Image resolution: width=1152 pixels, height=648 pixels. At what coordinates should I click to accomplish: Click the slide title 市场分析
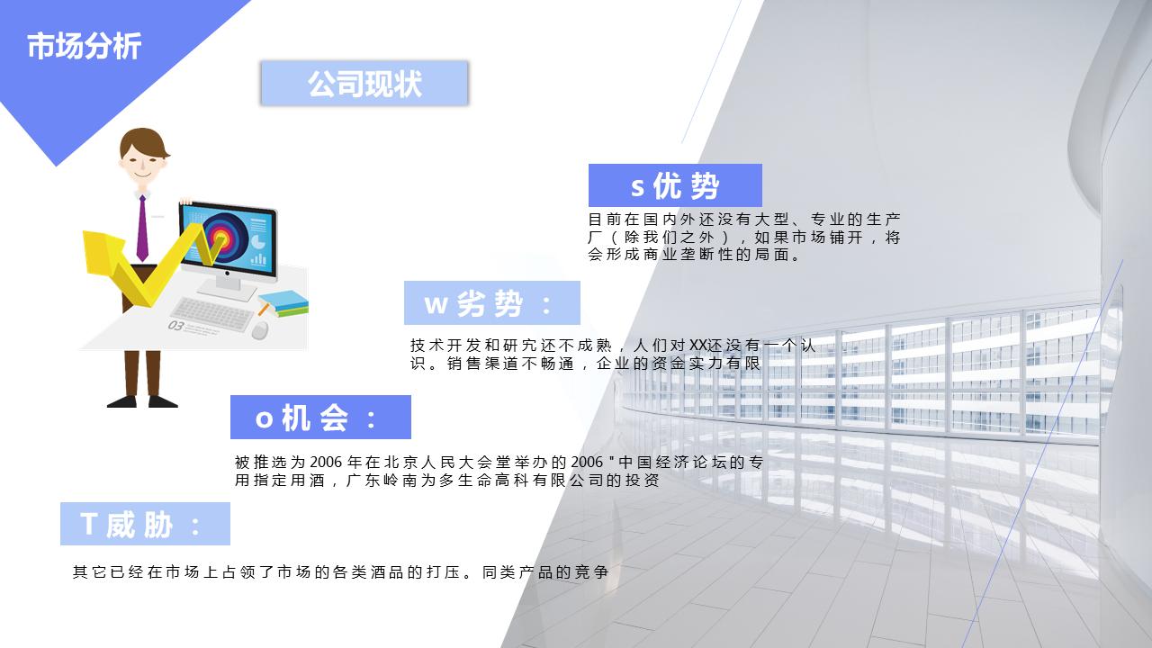tap(84, 46)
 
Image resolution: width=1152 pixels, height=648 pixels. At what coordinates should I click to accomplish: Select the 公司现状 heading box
tap(364, 84)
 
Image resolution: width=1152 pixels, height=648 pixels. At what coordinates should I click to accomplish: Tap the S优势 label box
tap(675, 185)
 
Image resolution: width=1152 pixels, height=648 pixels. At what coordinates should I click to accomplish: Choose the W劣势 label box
tap(491, 303)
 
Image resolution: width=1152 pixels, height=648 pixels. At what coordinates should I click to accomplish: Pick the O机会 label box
tap(320, 418)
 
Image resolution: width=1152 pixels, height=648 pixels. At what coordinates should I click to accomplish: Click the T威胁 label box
tap(145, 524)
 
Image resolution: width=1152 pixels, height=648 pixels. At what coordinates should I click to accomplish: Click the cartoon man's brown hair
tap(144, 142)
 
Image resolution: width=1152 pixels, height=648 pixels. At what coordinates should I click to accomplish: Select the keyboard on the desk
tap(211, 314)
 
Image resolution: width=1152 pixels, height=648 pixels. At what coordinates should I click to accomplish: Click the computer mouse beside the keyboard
tap(260, 330)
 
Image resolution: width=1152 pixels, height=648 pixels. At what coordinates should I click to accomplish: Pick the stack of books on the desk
tap(283, 303)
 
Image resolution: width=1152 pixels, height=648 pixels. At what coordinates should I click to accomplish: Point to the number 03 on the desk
tap(176, 326)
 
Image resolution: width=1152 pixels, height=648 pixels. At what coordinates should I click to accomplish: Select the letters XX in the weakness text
tap(697, 345)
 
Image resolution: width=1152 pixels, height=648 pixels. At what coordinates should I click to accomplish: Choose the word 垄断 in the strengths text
tap(683, 255)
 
